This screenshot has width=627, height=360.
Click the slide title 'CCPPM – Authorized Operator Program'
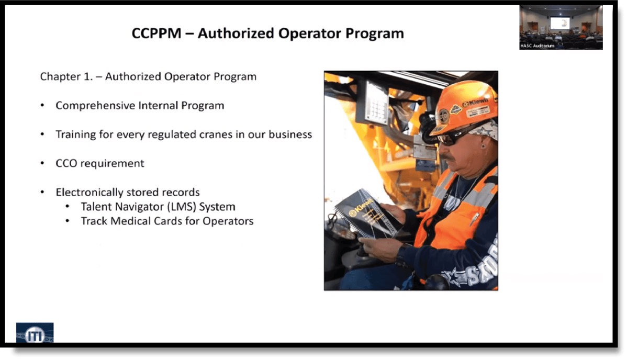[x=267, y=34]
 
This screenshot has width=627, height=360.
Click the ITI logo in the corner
[x=35, y=333]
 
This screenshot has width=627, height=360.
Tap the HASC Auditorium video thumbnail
[x=561, y=27]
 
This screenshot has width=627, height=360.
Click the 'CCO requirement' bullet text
[x=100, y=163]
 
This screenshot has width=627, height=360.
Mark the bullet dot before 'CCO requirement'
[x=42, y=164]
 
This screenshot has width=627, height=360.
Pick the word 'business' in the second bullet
[x=290, y=134]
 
